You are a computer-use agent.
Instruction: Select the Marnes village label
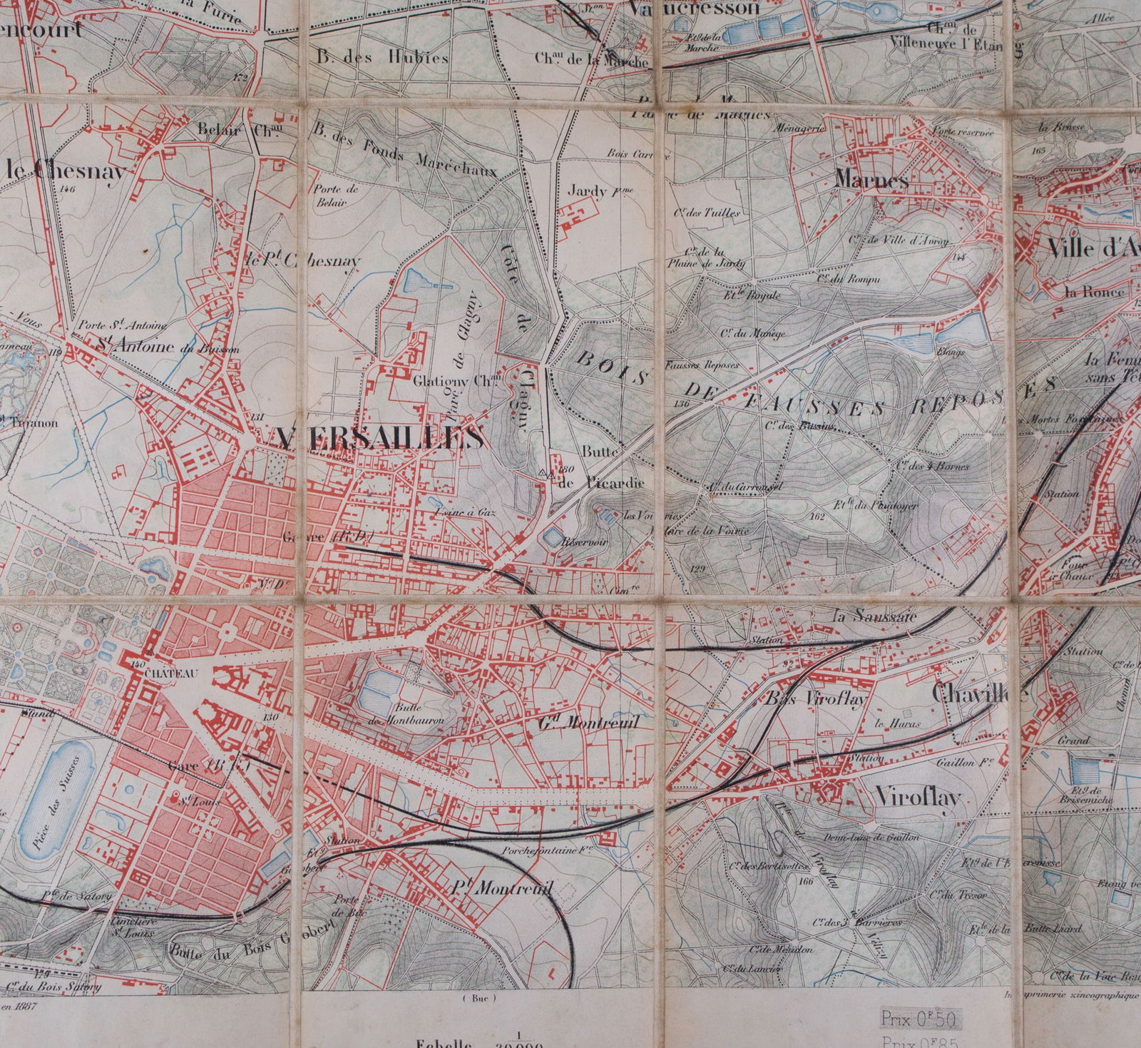870,180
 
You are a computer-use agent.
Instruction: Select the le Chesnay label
66,171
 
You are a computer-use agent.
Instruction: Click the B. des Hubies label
383,58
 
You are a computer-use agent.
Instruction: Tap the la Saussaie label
876,617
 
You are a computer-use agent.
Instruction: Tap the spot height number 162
817,517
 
